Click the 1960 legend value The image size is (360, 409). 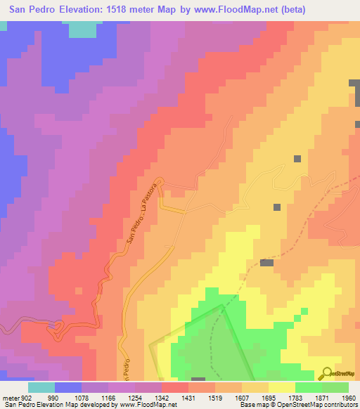(x=347, y=398)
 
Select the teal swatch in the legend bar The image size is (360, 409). (x=41, y=387)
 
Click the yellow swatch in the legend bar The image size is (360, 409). (x=281, y=387)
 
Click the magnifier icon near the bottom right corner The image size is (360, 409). (x=328, y=372)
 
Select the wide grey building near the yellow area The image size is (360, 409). (x=266, y=263)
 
